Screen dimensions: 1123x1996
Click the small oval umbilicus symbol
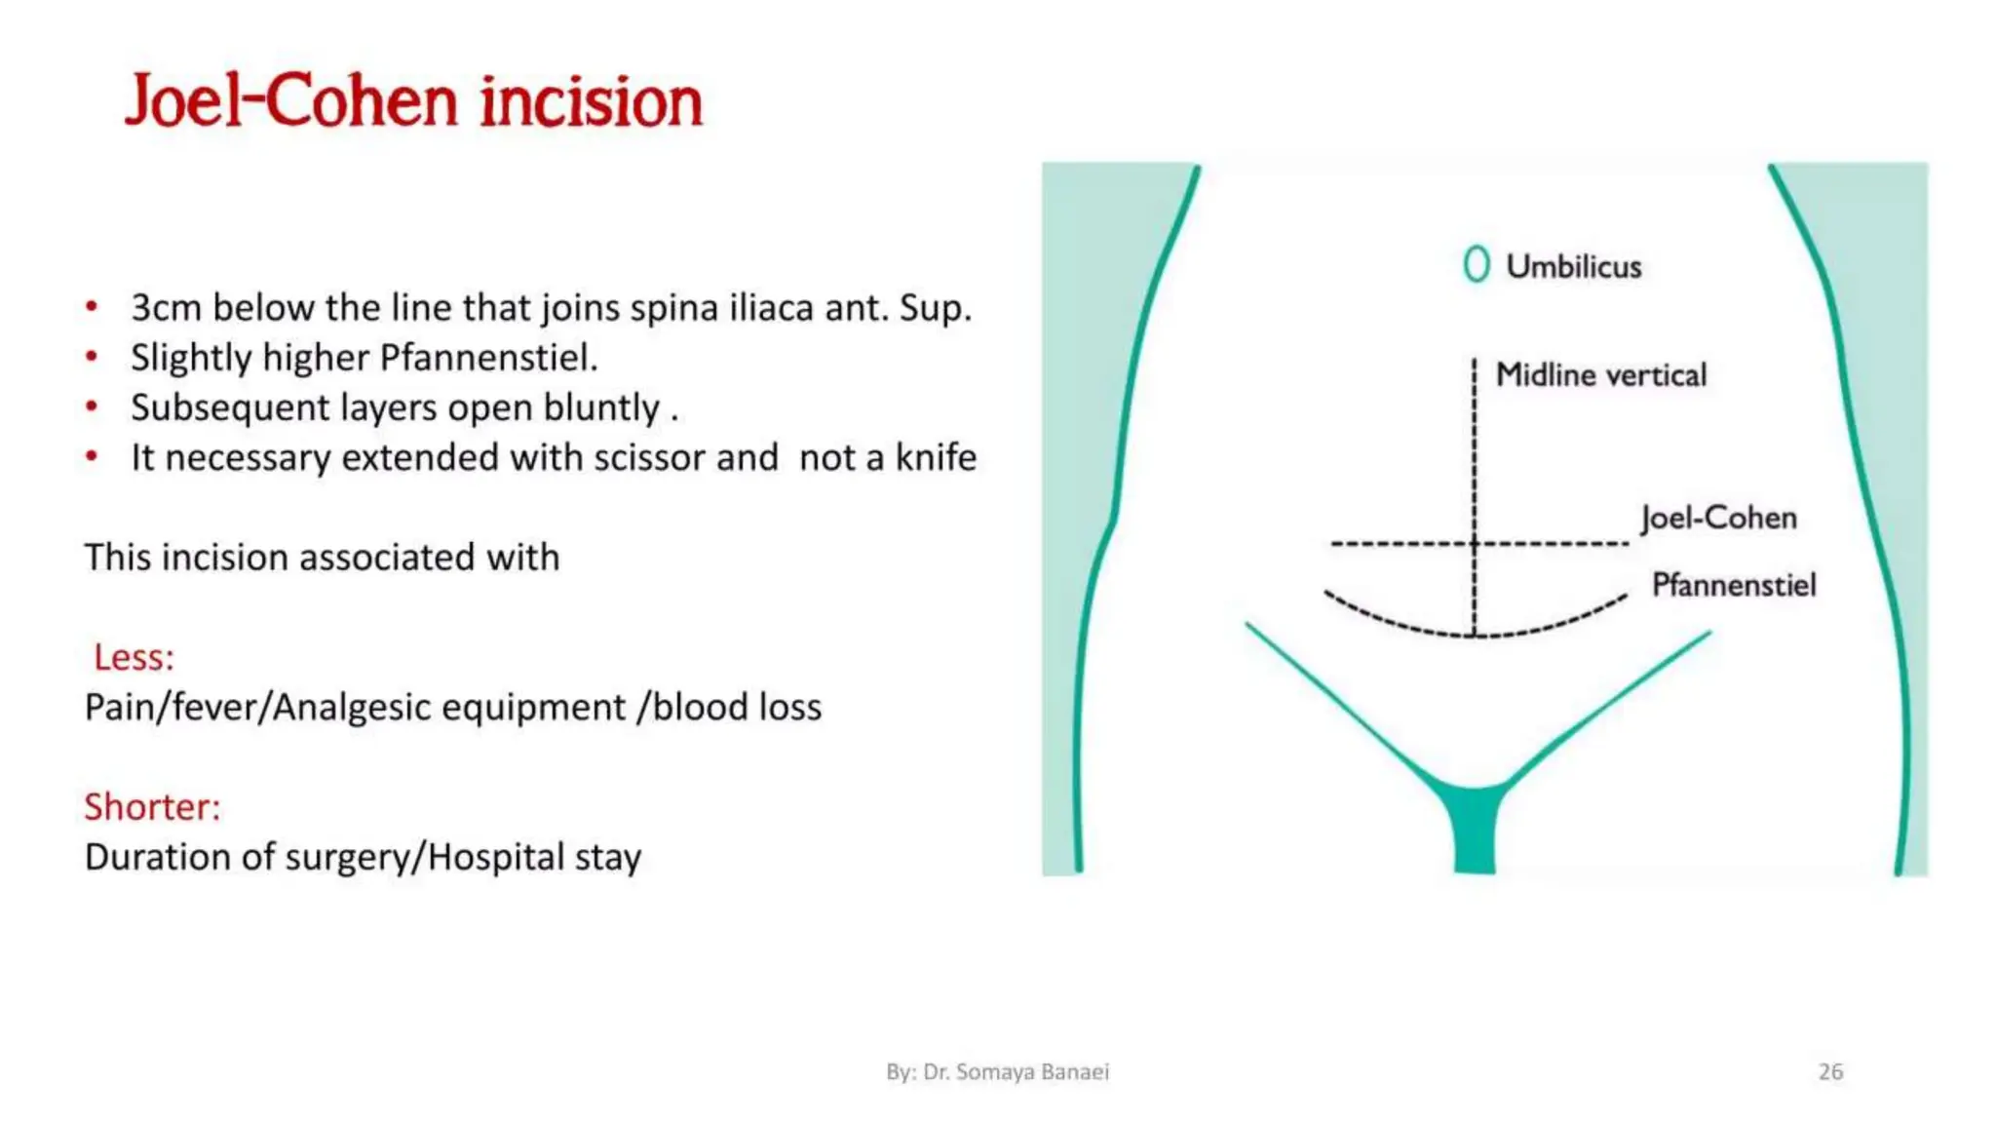[x=1477, y=264]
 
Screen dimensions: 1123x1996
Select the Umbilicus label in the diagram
[x=1573, y=266]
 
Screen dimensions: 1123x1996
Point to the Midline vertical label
[x=1600, y=374]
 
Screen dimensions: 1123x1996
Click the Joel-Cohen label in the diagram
[x=1718, y=518]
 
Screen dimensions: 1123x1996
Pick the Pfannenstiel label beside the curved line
[x=1733, y=585]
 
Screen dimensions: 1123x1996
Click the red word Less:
[x=134, y=657]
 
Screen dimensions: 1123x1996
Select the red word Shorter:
[x=152, y=807]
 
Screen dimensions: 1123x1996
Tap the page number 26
[x=1830, y=1071]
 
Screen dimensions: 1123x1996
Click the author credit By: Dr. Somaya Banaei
[x=997, y=1071]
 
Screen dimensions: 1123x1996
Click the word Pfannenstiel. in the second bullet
[x=488, y=358]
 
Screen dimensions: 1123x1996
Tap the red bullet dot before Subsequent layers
[x=92, y=407]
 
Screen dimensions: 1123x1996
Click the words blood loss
[x=737, y=707]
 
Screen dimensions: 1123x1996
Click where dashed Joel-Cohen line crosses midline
[x=1475, y=543]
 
